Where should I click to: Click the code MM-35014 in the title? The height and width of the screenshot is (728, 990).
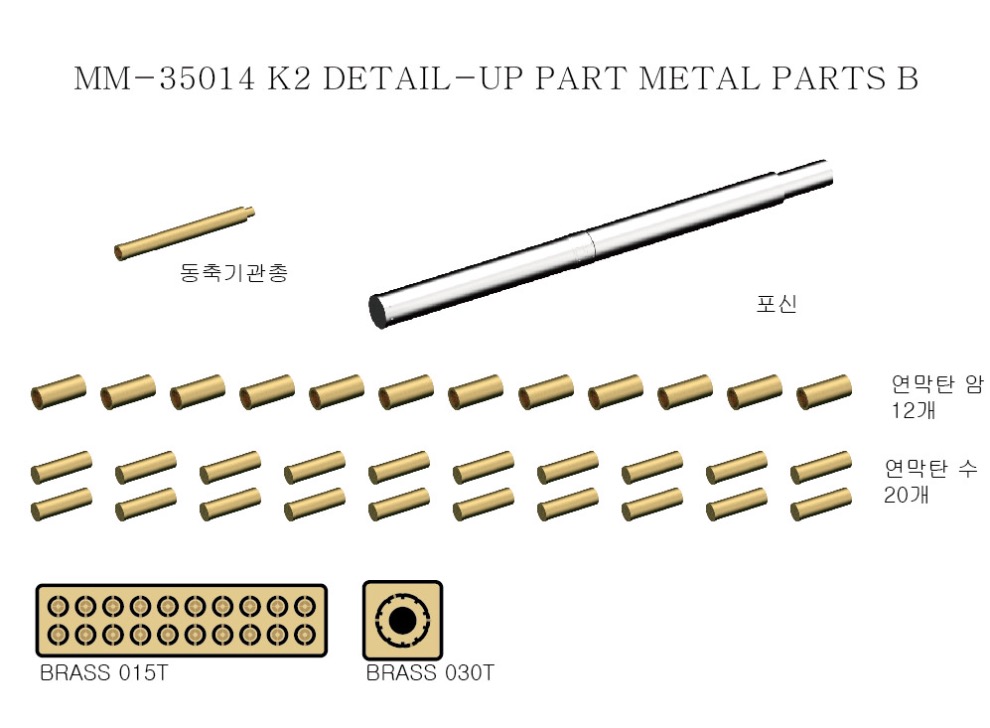click(164, 79)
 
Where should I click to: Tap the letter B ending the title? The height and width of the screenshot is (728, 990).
click(906, 79)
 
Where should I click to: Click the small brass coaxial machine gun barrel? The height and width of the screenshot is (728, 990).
click(184, 234)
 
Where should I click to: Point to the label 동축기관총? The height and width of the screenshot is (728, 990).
click(234, 273)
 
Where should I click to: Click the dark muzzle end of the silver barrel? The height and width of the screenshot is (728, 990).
click(379, 311)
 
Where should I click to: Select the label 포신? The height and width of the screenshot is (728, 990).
click(777, 304)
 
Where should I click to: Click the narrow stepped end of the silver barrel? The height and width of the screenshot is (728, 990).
click(808, 176)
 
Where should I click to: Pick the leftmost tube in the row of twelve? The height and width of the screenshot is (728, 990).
click(58, 391)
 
